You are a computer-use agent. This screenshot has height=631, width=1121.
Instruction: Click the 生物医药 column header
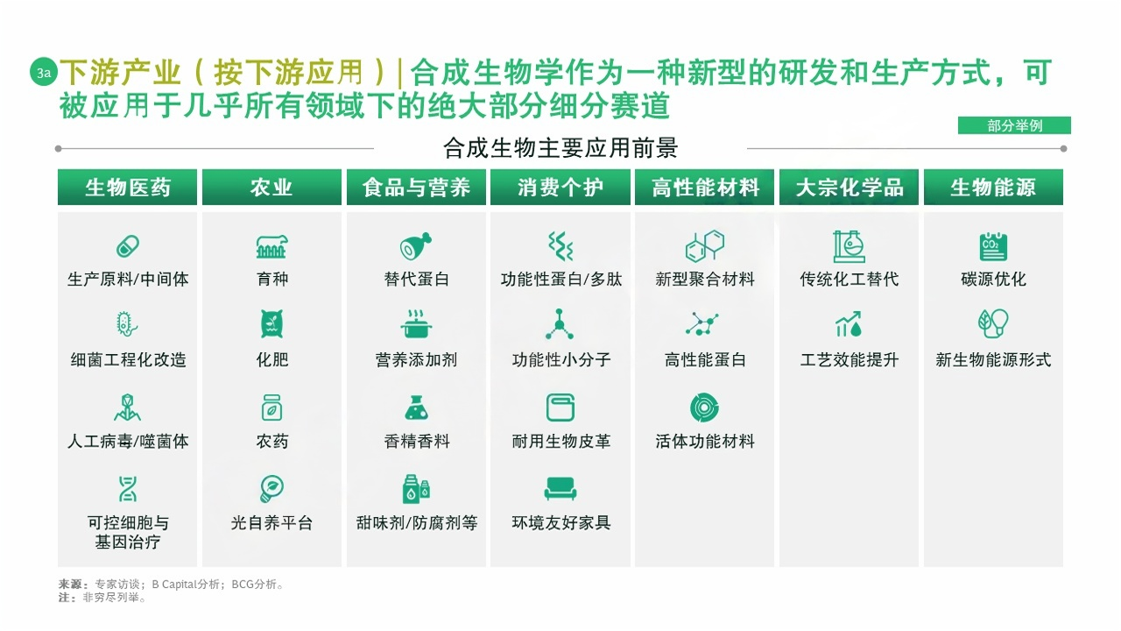coord(127,188)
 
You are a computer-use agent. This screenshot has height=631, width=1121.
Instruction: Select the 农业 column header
coord(271,188)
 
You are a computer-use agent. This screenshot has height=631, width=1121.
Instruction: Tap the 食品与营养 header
coord(416,188)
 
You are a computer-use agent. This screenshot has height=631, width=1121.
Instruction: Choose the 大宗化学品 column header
coord(849,188)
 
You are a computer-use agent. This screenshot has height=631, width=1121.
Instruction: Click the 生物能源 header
coord(993,188)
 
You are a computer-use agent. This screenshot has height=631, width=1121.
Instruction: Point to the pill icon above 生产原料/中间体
coord(128,246)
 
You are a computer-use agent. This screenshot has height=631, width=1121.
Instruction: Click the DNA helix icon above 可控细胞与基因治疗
coord(128,488)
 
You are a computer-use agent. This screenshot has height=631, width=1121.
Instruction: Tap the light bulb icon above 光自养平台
coord(271,488)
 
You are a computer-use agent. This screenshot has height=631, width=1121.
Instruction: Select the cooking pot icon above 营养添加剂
coord(417,325)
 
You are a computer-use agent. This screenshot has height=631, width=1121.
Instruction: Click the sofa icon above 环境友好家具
coord(560,488)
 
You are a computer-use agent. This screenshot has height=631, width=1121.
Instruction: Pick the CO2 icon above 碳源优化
coord(993,246)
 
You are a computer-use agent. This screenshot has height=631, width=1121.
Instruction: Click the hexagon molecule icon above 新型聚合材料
coord(705,246)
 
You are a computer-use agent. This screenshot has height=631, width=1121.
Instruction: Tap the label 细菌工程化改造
coord(128,360)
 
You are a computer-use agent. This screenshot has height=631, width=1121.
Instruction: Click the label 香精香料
coord(417,442)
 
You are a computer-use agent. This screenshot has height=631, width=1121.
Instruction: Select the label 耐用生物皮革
coord(560,442)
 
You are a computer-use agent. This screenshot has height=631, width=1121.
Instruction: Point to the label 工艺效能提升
coord(849,360)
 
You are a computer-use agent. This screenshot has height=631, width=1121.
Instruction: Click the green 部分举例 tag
coord(1014,126)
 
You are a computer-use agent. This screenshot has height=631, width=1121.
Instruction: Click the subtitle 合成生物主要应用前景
coord(560,147)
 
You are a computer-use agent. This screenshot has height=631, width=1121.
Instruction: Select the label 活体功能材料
coord(705,442)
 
